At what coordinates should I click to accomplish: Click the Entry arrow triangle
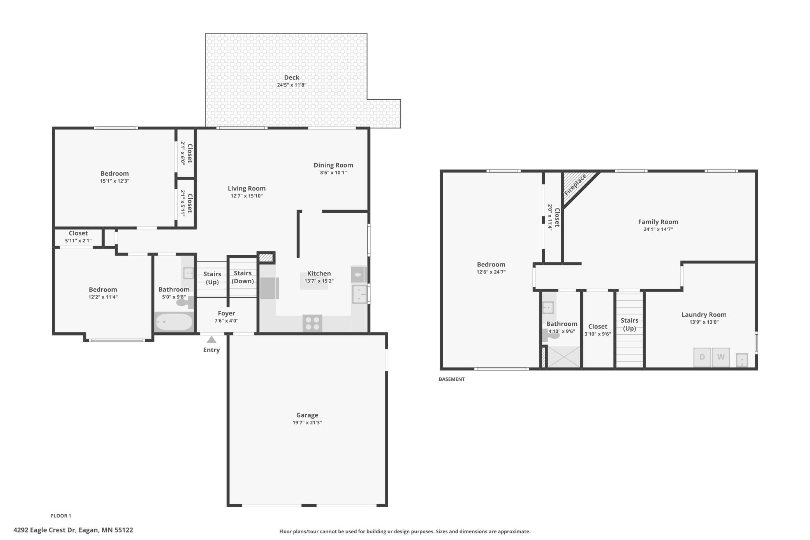click(211, 339)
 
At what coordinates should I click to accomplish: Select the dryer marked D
click(702, 357)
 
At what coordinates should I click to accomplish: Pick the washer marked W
click(721, 357)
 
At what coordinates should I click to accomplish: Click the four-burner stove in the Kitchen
click(312, 323)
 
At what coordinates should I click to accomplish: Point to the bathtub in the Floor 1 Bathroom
click(174, 322)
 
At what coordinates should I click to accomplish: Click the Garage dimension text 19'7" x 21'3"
click(307, 423)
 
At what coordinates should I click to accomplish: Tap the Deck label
click(292, 78)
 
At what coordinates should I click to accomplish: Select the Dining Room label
click(333, 165)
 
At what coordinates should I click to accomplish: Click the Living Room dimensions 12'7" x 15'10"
click(247, 196)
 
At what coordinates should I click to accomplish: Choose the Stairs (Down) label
click(243, 277)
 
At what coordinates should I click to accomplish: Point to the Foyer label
click(226, 313)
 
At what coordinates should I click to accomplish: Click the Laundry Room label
click(704, 315)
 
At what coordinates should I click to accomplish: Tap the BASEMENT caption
click(452, 379)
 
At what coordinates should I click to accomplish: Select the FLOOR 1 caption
click(61, 516)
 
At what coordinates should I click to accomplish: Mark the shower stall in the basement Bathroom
click(564, 356)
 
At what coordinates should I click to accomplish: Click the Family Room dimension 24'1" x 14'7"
click(658, 229)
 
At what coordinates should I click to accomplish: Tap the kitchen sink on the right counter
click(359, 294)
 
